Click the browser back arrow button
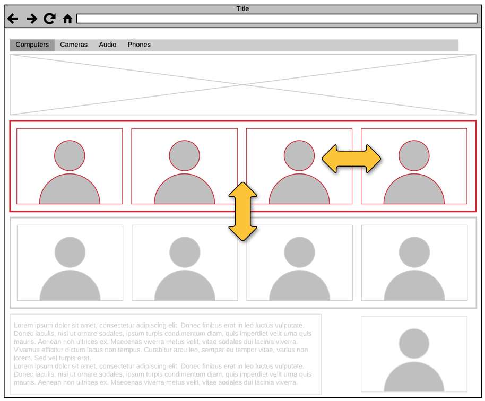point(13,19)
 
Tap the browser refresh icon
point(49,19)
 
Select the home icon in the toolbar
point(67,19)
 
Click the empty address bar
point(276,19)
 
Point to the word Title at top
point(242,8)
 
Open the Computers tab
point(32,45)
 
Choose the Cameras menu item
point(74,45)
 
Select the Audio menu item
point(107,45)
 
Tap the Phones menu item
point(139,45)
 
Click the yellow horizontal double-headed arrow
point(351,159)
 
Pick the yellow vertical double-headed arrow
point(243,212)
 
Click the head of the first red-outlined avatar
point(70,155)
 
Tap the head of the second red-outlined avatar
point(184,155)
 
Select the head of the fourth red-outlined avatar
point(414,155)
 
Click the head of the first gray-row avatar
point(70,252)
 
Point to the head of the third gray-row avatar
point(299,252)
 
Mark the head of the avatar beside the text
point(414,344)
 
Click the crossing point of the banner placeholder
point(243,85)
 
